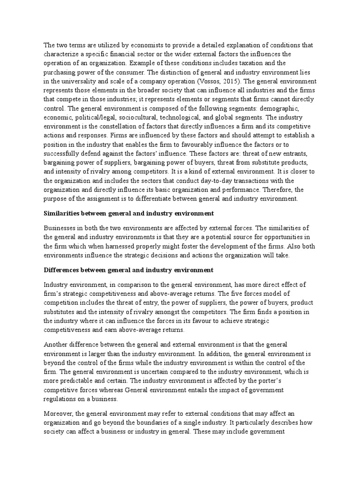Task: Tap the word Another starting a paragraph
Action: (x=58, y=345)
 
